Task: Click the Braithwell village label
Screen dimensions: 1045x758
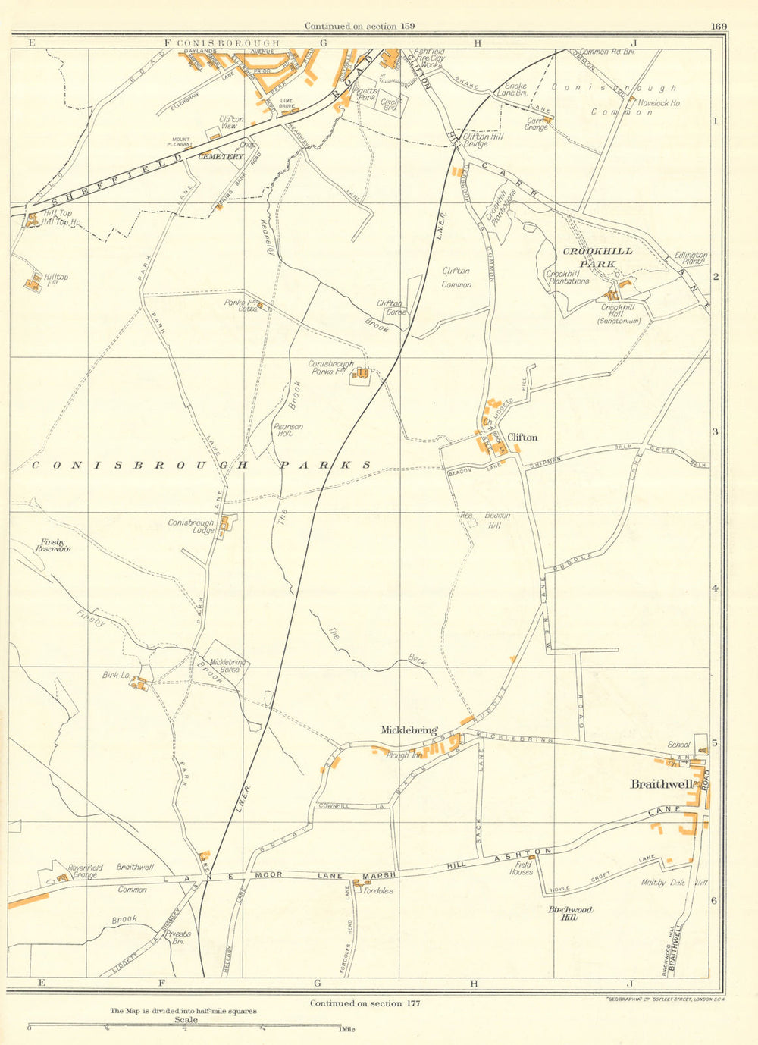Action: click(661, 785)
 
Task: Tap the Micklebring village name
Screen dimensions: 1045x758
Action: click(409, 730)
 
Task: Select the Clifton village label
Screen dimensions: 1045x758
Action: click(523, 438)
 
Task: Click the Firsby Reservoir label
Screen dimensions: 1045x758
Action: click(53, 546)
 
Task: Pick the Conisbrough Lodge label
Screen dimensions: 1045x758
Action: click(191, 527)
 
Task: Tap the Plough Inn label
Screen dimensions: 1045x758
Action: click(405, 755)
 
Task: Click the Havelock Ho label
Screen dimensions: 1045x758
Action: click(659, 103)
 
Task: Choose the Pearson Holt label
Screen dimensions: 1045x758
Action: click(288, 430)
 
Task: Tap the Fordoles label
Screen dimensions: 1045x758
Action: click(378, 890)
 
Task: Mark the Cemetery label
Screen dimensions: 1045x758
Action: click(221, 157)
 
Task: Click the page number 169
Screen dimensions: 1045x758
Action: click(719, 27)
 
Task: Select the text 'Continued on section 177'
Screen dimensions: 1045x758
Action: click(365, 1003)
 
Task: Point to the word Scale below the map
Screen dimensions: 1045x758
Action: click(186, 1020)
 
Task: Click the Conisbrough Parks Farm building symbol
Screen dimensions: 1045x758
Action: click(362, 374)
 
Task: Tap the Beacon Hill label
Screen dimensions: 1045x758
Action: click(494, 520)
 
